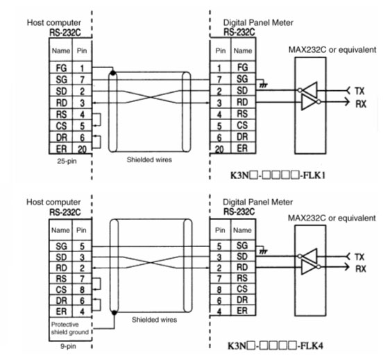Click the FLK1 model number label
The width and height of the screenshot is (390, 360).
pyautogui.click(x=278, y=175)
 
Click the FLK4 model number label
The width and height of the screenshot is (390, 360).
pyautogui.click(x=275, y=345)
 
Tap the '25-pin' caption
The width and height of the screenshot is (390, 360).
pyautogui.click(x=67, y=161)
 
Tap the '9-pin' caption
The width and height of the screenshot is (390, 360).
pyautogui.click(x=68, y=346)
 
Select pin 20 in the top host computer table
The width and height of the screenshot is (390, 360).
pyautogui.click(x=82, y=148)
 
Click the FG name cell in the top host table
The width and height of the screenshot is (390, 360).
pyautogui.click(x=61, y=67)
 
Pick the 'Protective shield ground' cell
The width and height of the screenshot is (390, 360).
pyautogui.click(x=70, y=328)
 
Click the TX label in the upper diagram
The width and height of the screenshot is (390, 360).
pyautogui.click(x=359, y=91)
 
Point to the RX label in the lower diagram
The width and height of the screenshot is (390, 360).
pyautogui.click(x=361, y=268)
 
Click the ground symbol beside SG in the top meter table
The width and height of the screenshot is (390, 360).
pyautogui.click(x=263, y=85)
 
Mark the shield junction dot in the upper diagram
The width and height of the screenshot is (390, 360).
pyautogui.click(x=113, y=73)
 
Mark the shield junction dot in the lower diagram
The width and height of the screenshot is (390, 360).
pyautogui.click(x=115, y=313)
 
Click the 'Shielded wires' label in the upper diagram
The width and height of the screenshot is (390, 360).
pyautogui.click(x=149, y=160)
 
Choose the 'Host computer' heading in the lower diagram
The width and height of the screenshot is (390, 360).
pyautogui.click(x=53, y=202)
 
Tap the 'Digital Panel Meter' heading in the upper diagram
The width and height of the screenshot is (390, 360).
pyautogui.click(x=258, y=23)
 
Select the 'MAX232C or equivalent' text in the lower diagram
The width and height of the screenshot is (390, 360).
pyautogui.click(x=332, y=218)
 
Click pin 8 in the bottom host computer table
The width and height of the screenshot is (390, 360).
pyautogui.click(x=82, y=290)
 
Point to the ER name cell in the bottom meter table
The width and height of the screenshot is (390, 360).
pyautogui.click(x=242, y=311)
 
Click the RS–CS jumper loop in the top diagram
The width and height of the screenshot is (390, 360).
pyautogui.click(x=101, y=119)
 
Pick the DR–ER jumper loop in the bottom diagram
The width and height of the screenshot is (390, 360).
pyautogui.click(x=101, y=305)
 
